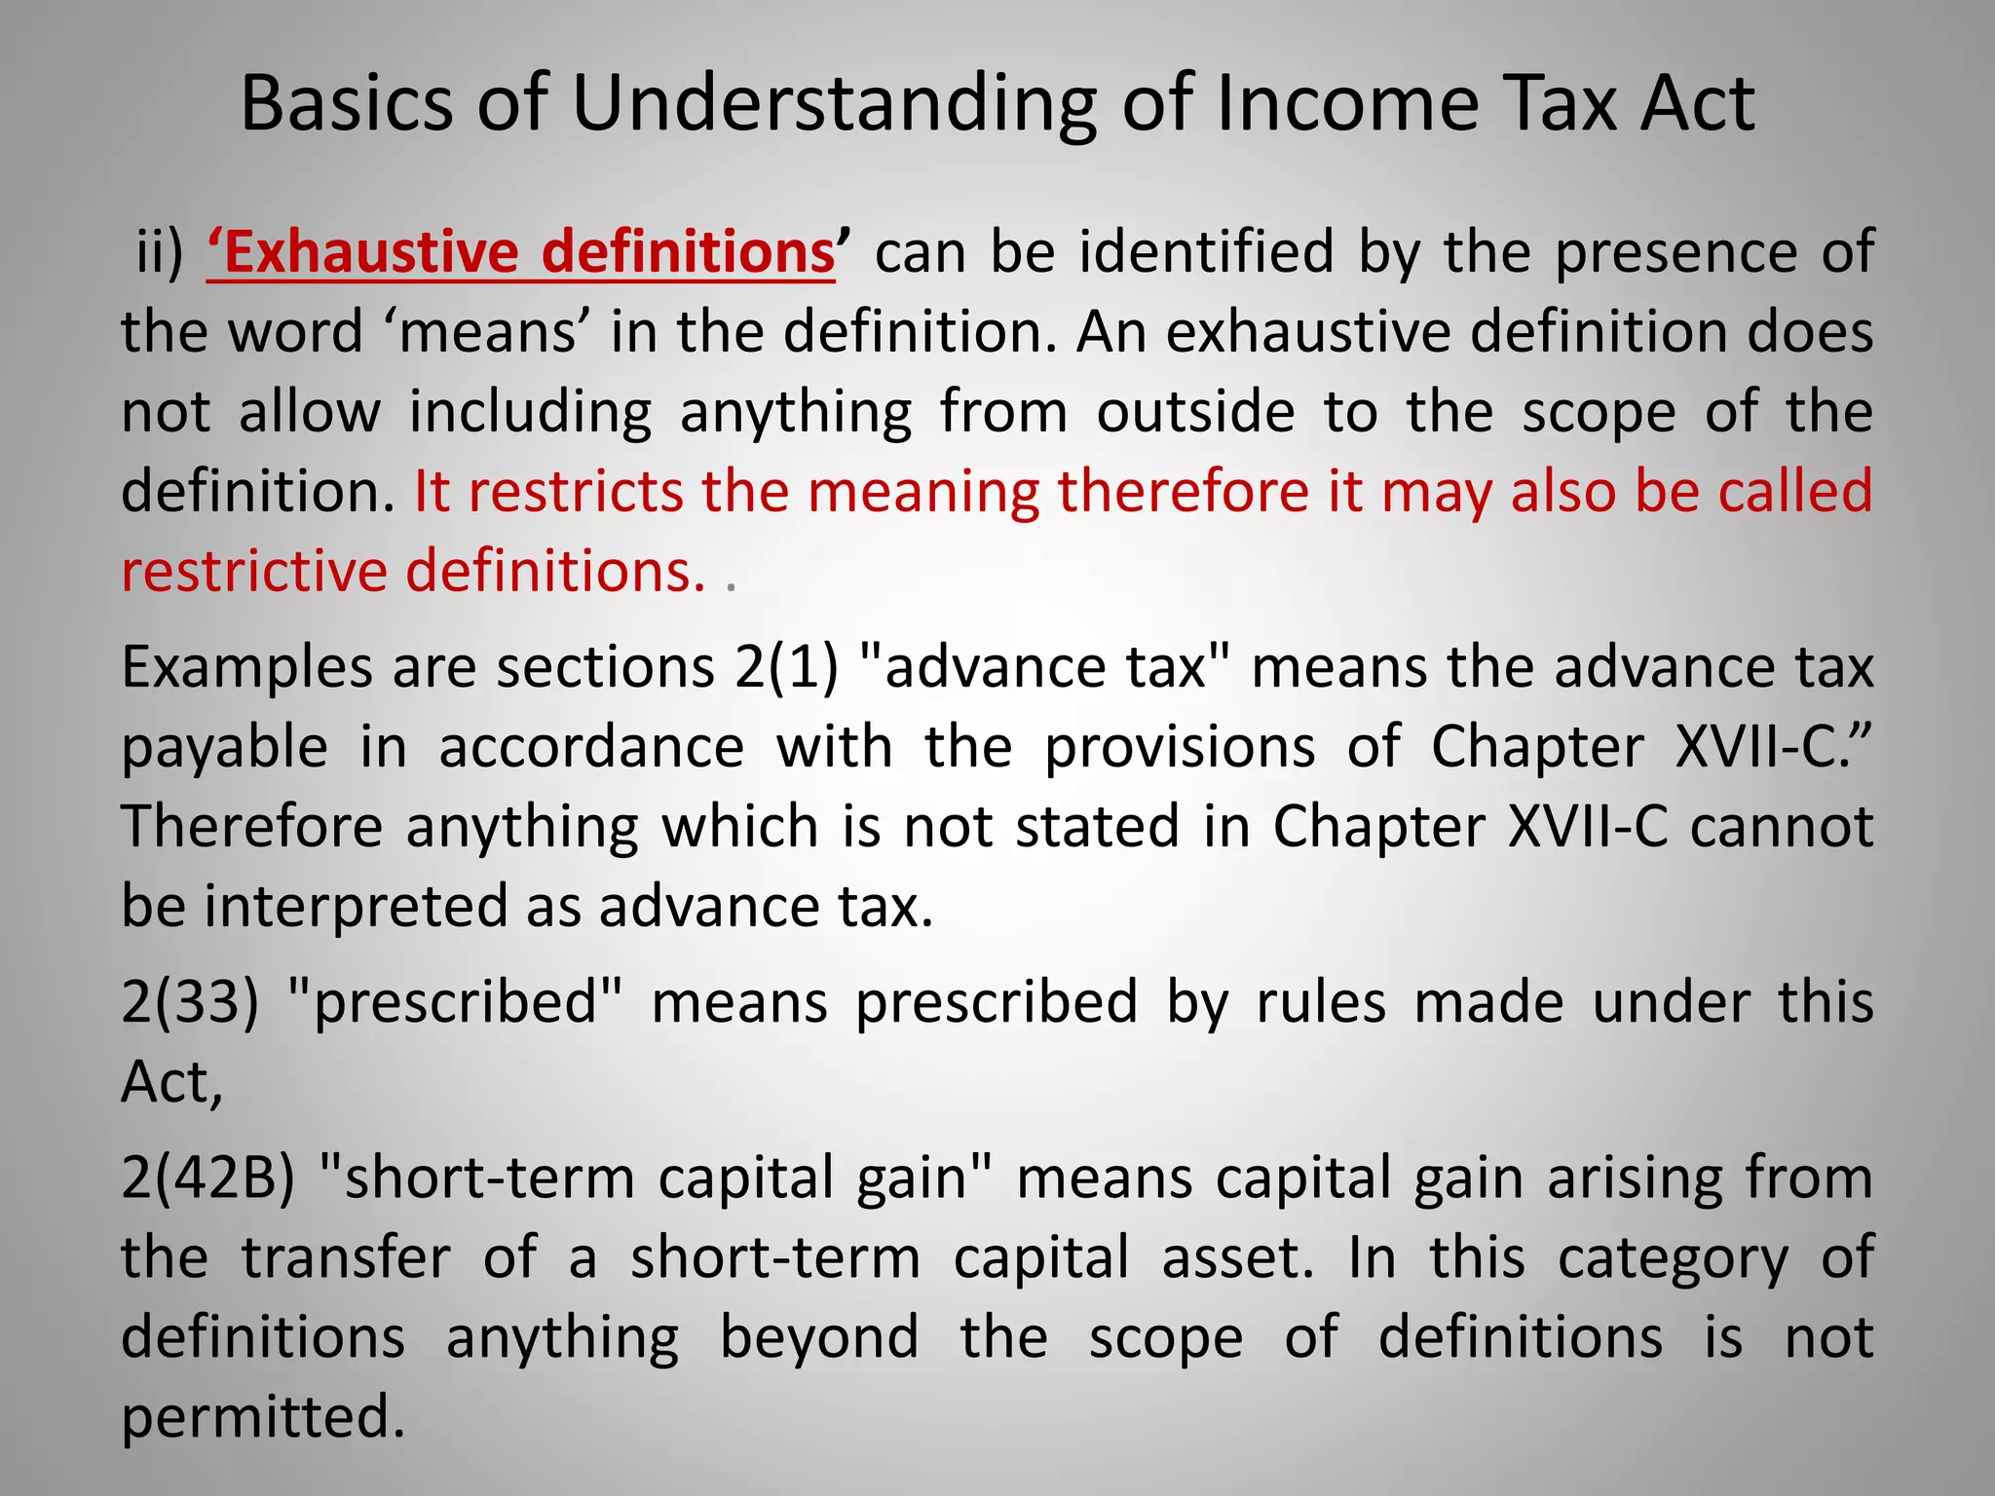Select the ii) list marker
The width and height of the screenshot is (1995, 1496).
(159, 252)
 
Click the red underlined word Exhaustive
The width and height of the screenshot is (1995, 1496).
(371, 252)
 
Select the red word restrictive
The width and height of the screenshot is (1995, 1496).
(253, 571)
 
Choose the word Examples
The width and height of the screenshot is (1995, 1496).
(246, 669)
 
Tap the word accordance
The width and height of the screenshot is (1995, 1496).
(591, 747)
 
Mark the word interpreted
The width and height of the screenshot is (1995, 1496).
(357, 907)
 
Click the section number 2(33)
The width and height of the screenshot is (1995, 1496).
(190, 1002)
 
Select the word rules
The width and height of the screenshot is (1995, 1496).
(1321, 1002)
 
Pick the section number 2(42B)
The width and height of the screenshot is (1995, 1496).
(207, 1178)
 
